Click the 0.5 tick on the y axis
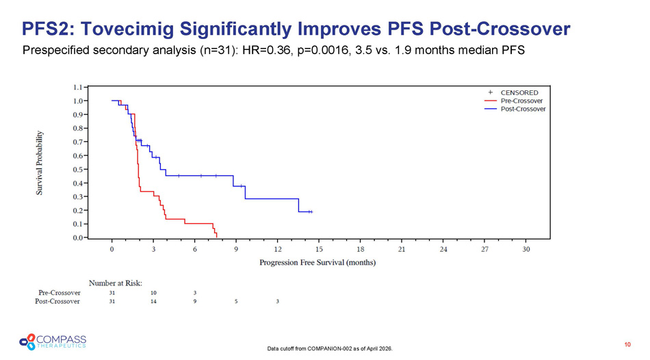click(x=79, y=169)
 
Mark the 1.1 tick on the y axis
click(x=79, y=88)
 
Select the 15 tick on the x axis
click(x=319, y=249)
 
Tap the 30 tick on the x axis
click(x=525, y=249)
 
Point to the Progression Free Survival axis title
click(x=317, y=262)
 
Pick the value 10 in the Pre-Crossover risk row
click(x=153, y=292)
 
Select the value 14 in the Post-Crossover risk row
click(x=153, y=301)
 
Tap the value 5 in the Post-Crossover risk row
click(x=236, y=301)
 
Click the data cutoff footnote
click(x=331, y=349)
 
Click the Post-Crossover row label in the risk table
click(x=58, y=301)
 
